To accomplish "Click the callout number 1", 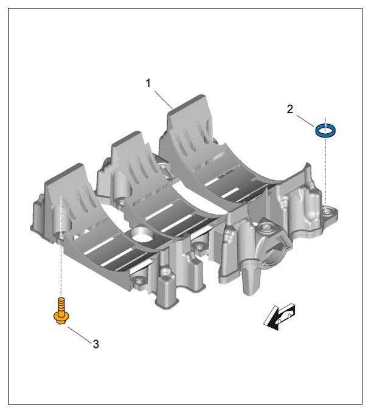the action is [148, 83].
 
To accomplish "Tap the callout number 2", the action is [290, 109].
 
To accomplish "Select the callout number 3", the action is [96, 344].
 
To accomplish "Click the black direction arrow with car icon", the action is [279, 317].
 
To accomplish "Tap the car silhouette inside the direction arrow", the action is [285, 316].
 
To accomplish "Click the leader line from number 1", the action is [164, 100].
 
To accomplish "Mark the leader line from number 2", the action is [305, 121].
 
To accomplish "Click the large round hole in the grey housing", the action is [142, 234].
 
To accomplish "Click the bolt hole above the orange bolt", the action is [61, 236].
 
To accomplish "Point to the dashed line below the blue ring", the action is [325, 173].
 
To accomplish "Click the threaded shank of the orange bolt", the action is [61, 305].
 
